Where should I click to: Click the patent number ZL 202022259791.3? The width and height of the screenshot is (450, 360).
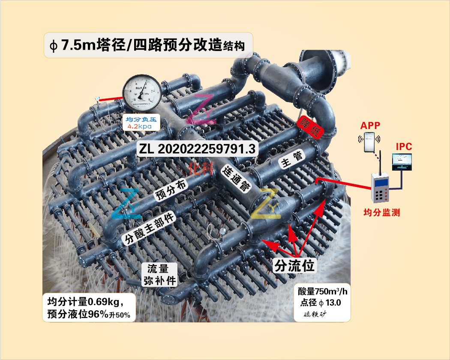click(197, 149)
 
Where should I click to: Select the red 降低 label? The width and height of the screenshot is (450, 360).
click(309, 126)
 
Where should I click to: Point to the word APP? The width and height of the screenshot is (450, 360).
click(370, 126)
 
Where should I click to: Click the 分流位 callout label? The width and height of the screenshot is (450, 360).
click(294, 266)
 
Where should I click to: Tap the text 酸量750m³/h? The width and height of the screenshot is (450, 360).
click(324, 292)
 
